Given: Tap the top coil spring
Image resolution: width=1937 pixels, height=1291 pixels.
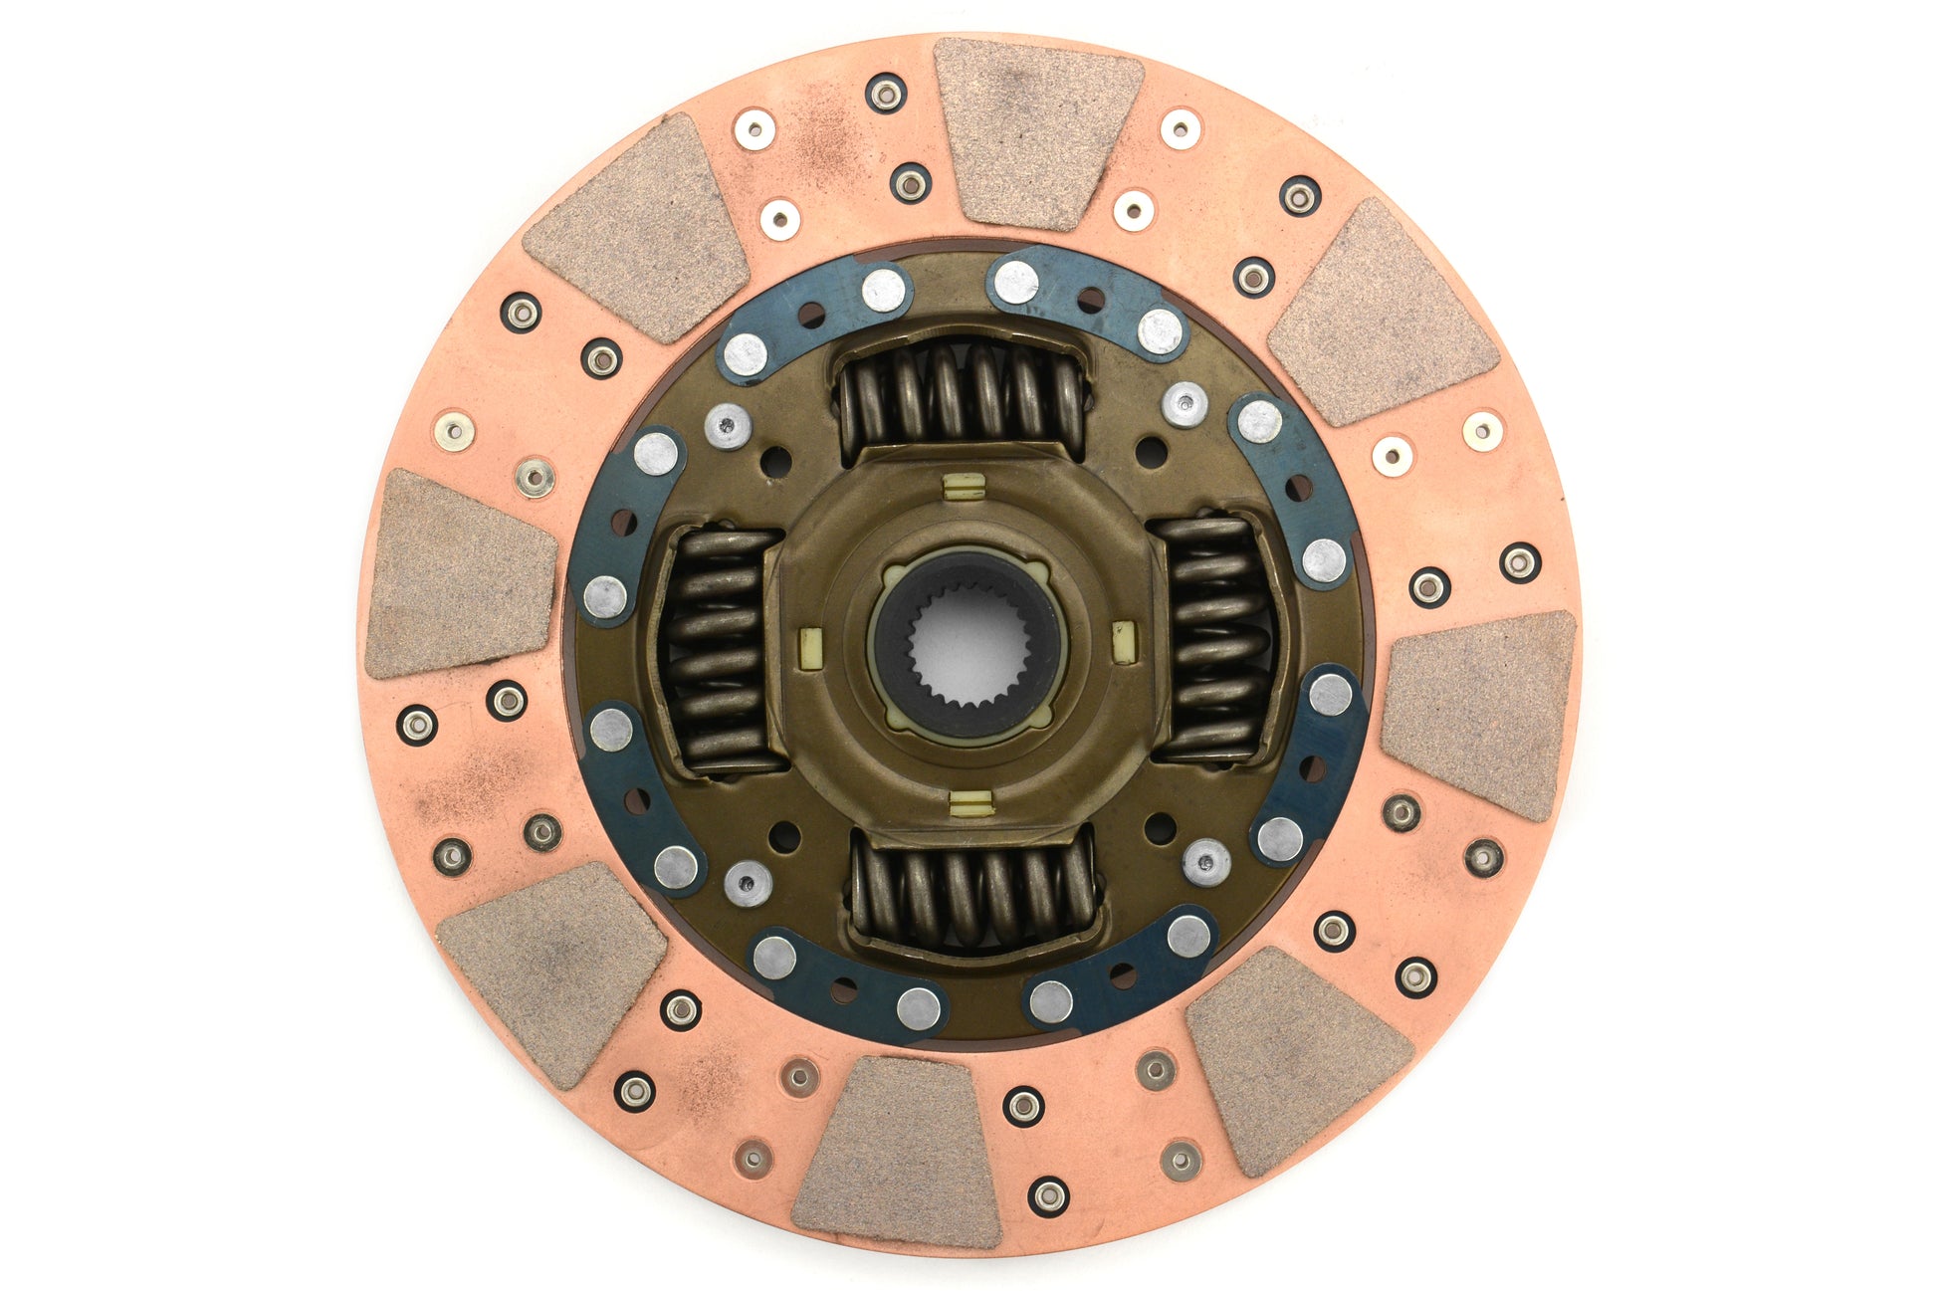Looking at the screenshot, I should point(961,394).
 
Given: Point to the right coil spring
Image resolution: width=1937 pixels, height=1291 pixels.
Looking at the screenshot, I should point(1214,637).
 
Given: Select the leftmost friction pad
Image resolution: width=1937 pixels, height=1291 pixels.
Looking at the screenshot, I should point(460,574).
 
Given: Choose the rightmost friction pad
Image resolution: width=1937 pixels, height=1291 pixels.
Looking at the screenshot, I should point(1479,714).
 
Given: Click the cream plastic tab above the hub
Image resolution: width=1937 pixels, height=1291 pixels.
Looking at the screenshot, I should point(963,487).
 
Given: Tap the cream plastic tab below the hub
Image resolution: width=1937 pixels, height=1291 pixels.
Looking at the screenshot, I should point(970,802).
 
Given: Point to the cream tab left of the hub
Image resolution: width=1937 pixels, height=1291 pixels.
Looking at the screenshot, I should point(811,648).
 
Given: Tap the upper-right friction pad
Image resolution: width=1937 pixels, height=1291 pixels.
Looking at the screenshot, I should point(1382,314).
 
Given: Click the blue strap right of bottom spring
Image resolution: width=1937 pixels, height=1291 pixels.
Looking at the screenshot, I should point(1120,970).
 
